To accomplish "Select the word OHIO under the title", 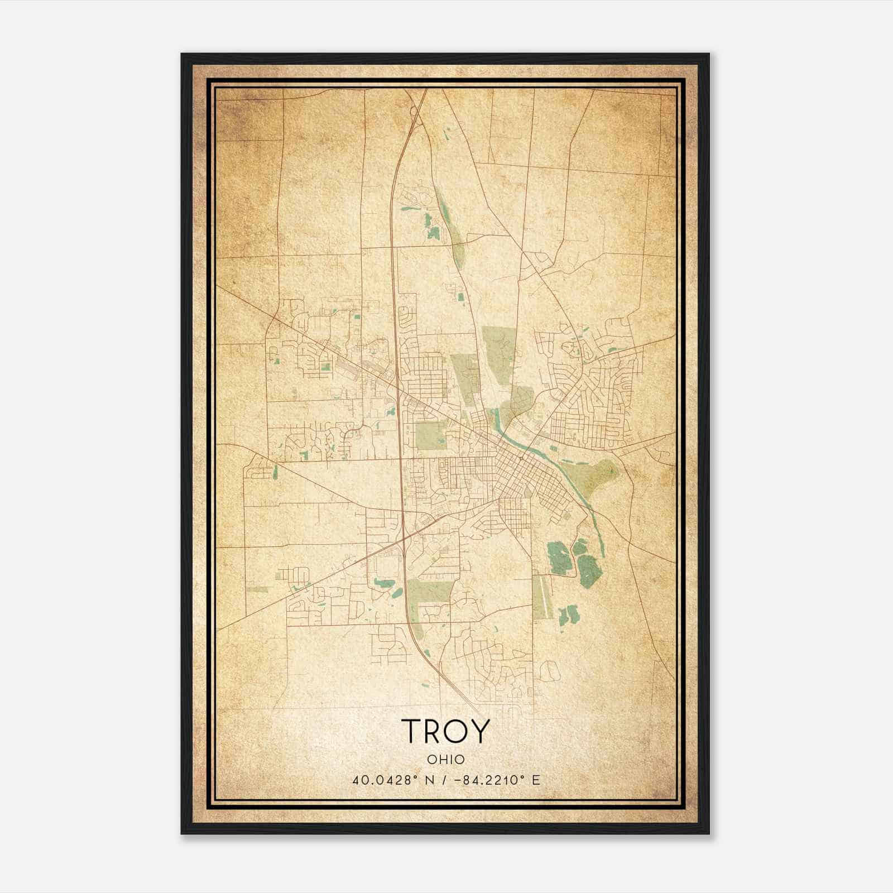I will pyautogui.click(x=445, y=759).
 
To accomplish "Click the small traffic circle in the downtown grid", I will pyautogui.click(x=520, y=458).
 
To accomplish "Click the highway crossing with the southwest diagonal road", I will pyautogui.click(x=403, y=539).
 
